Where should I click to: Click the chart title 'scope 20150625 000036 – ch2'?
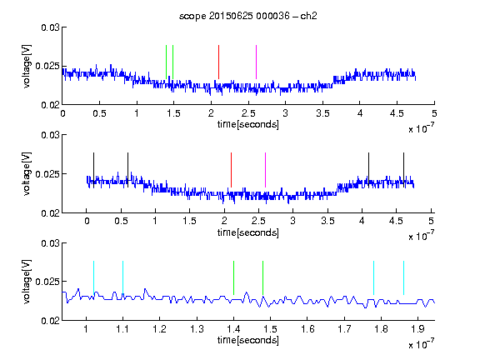(248, 16)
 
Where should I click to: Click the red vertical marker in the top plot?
(218, 62)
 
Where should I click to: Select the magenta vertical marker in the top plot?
(256, 62)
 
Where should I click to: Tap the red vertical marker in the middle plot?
(231, 170)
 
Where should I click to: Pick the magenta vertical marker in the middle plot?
(265, 170)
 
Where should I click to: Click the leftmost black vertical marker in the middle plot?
(93, 170)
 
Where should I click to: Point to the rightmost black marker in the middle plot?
(404, 170)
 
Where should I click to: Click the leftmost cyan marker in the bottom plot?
(93, 278)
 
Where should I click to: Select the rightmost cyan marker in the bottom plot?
(404, 278)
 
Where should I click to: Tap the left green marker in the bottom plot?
(233, 278)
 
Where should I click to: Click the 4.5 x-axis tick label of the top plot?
(397, 113)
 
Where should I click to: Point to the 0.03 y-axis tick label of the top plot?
(50, 27)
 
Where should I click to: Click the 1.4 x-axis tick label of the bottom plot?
(233, 329)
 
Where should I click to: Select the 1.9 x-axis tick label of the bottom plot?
(417, 329)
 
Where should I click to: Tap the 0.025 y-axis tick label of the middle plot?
(47, 174)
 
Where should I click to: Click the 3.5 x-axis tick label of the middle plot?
(327, 221)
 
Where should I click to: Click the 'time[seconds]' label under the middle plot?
(248, 232)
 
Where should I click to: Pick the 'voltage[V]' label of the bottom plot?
(27, 282)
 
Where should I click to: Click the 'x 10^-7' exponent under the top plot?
(421, 128)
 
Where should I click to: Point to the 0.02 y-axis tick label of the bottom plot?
(50, 321)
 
